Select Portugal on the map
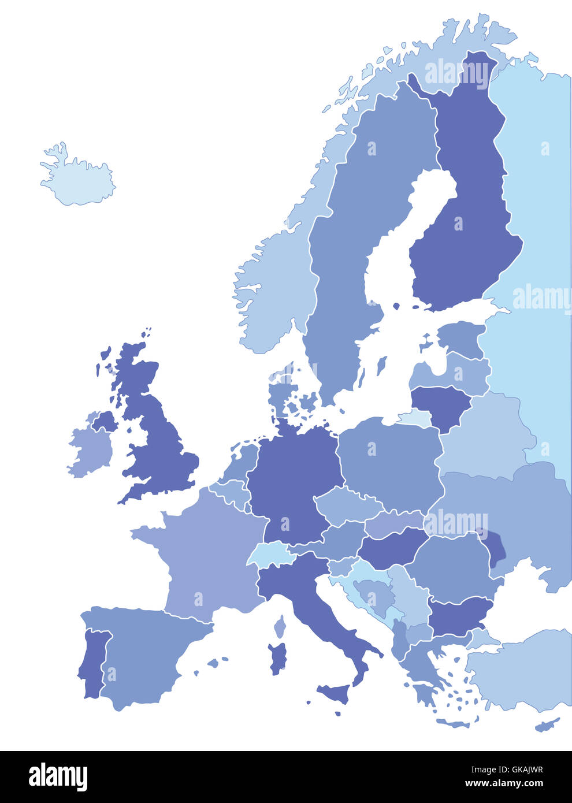click(x=91, y=664)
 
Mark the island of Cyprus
click(x=547, y=724)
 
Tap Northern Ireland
click(x=105, y=421)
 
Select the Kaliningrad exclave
click(x=415, y=418)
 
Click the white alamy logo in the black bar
click(x=58, y=777)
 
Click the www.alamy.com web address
click(x=504, y=784)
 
